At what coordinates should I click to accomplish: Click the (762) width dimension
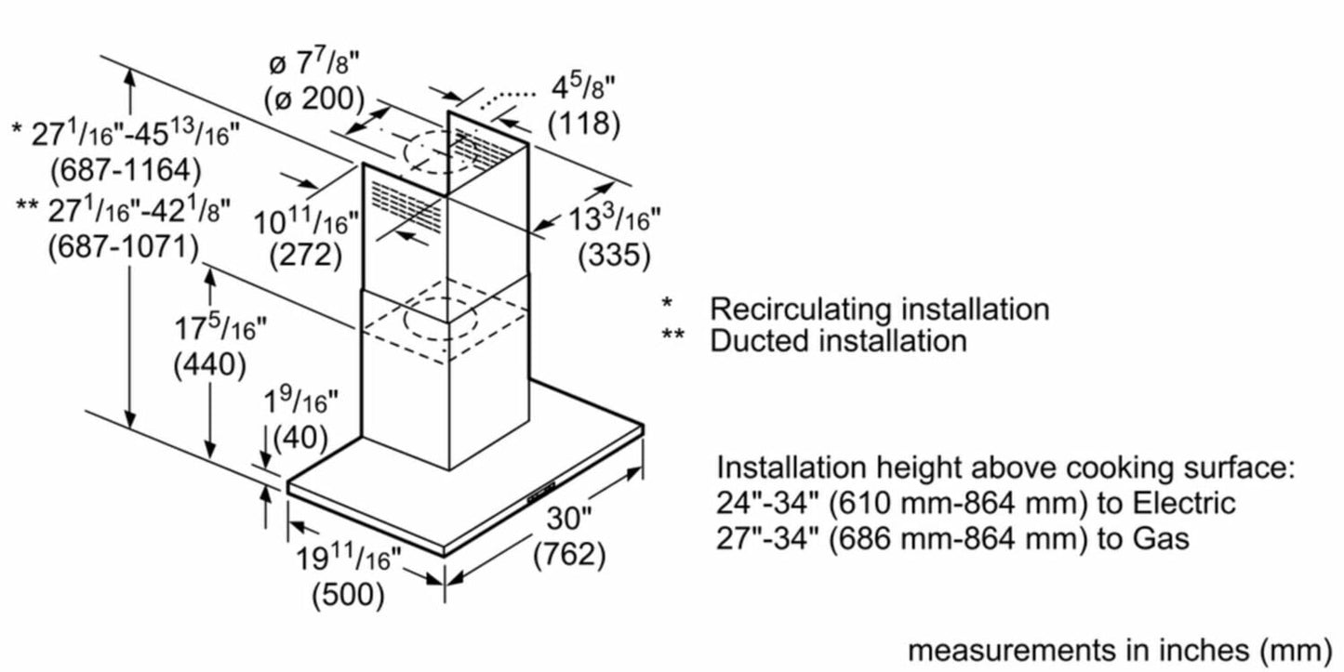tap(569, 555)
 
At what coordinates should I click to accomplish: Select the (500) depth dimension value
tap(348, 594)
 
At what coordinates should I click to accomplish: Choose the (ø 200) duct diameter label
tap(314, 99)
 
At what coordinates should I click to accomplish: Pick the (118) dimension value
tap(583, 123)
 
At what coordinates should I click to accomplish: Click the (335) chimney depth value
tap(614, 255)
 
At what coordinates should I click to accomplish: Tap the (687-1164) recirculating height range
tap(127, 169)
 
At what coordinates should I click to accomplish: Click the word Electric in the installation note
tap(1182, 504)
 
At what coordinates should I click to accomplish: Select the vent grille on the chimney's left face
tap(406, 204)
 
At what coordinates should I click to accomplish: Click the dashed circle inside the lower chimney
tap(439, 320)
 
